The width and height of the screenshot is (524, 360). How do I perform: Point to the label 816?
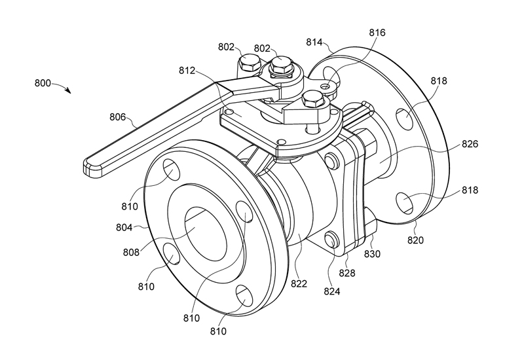[377, 32]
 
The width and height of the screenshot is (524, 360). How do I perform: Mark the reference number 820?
[415, 240]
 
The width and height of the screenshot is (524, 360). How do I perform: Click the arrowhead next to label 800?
[69, 92]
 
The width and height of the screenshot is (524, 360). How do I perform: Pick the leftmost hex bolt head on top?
[248, 63]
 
